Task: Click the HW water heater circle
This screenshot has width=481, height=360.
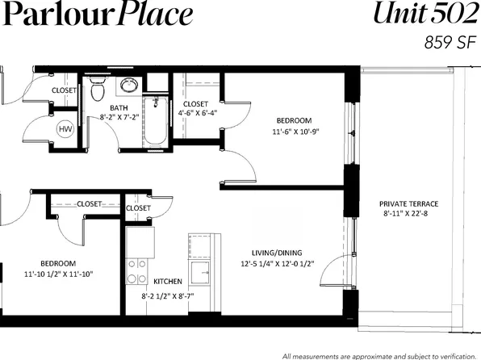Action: tap(64, 128)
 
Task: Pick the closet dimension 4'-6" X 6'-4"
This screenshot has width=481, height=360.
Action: tap(195, 114)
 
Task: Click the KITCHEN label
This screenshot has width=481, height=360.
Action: tap(167, 282)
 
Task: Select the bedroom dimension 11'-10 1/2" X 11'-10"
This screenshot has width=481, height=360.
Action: tap(59, 274)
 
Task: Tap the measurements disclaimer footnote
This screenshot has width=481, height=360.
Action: tap(379, 355)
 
